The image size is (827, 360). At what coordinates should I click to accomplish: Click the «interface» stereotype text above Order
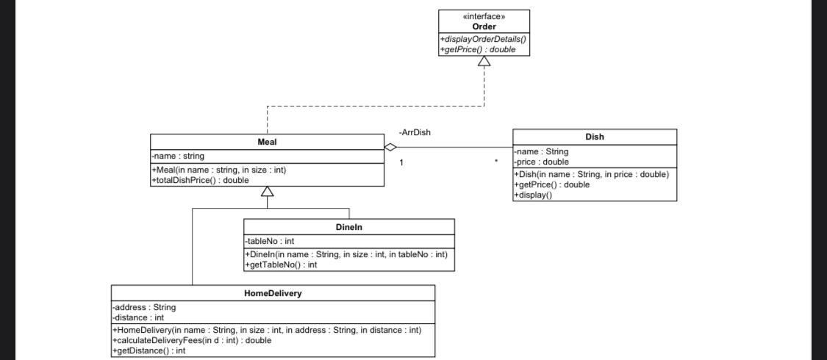(484, 16)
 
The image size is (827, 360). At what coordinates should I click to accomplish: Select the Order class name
(484, 26)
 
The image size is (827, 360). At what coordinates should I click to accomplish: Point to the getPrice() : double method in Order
(478, 49)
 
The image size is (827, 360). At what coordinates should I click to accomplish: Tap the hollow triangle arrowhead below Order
(484, 62)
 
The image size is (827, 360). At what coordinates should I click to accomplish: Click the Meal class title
(267, 141)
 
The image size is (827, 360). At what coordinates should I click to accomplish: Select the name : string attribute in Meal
(178, 156)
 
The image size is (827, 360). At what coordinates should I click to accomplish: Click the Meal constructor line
(218, 170)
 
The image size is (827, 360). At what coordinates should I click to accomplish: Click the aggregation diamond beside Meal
(390, 148)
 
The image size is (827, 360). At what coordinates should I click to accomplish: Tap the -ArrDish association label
(415, 132)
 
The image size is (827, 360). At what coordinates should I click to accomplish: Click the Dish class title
(595, 137)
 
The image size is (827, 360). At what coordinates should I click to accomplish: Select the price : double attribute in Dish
(541, 162)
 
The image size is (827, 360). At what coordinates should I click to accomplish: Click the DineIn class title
(348, 227)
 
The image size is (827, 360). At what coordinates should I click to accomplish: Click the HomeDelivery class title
(273, 293)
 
